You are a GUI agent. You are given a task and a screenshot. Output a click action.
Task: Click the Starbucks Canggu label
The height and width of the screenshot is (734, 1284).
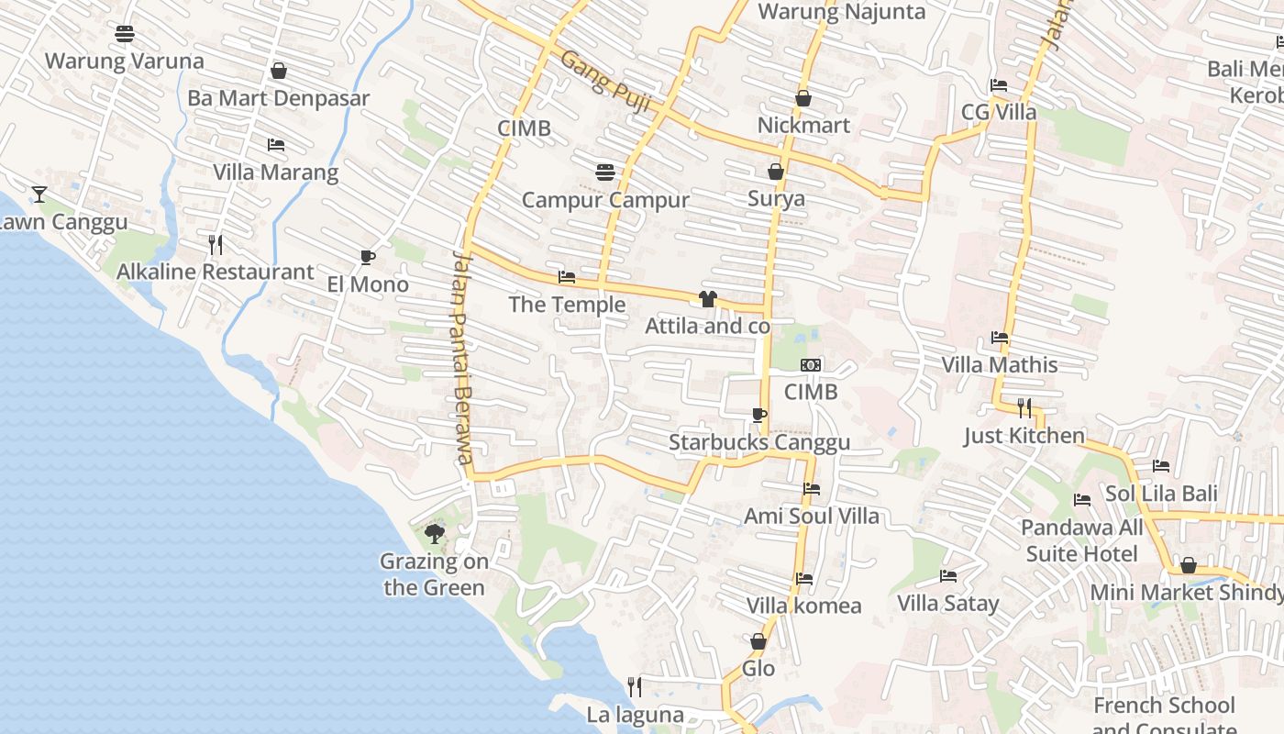[x=759, y=442]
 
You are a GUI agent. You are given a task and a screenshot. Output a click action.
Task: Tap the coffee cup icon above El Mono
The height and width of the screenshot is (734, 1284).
[x=368, y=257]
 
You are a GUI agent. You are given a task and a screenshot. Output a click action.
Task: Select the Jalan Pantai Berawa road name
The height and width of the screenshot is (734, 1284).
[x=463, y=358]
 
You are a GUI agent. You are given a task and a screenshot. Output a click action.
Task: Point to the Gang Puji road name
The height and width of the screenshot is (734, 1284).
[x=605, y=82]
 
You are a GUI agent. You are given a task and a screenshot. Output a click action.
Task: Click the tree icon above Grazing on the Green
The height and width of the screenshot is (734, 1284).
[x=435, y=533]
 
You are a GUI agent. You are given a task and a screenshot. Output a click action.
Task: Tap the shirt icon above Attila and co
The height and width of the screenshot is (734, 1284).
[x=707, y=298]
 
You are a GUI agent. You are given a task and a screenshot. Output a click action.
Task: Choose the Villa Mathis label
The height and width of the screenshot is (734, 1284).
[x=1000, y=365]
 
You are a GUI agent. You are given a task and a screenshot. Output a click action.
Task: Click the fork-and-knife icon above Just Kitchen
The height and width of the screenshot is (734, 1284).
[x=1024, y=407]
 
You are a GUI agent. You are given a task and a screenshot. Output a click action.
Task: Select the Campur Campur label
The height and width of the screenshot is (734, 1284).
[x=605, y=200]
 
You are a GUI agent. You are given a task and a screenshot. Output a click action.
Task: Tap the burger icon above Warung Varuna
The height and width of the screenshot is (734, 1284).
[x=125, y=34]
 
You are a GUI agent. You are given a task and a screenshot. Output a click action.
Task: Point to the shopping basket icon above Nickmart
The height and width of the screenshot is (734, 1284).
[x=803, y=98]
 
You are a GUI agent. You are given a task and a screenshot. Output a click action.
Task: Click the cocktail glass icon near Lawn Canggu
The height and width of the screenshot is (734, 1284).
[x=39, y=194]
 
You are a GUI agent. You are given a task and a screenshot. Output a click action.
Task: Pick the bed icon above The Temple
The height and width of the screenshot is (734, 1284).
[x=567, y=277]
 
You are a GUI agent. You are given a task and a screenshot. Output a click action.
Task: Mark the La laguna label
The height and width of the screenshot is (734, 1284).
[x=636, y=715]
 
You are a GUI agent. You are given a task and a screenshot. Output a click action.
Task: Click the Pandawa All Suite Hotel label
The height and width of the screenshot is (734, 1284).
[x=1082, y=540]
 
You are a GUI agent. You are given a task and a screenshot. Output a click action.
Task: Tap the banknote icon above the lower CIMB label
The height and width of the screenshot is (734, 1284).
[x=811, y=365]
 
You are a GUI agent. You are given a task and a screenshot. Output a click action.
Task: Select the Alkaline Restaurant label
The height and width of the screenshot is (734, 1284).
[x=216, y=272]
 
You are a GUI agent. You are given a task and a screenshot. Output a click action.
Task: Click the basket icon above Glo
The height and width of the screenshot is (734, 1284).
[x=758, y=641]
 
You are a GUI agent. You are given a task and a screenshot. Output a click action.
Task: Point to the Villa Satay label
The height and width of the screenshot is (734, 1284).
[x=948, y=603]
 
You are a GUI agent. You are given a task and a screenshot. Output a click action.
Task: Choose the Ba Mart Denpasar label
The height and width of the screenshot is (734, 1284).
[x=279, y=98]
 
